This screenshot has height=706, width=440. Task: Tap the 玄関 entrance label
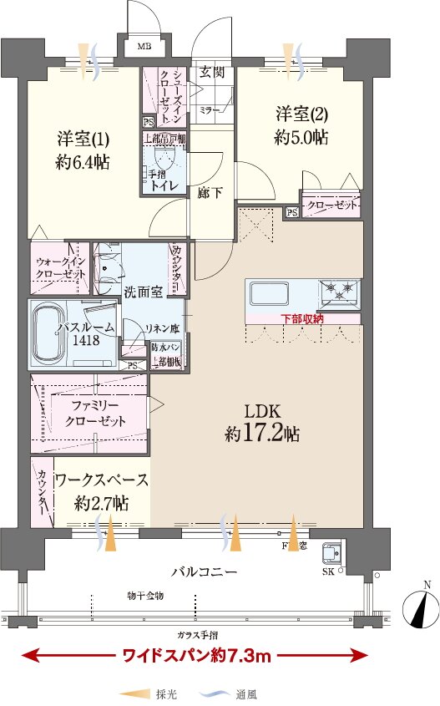pyautogui.click(x=211, y=72)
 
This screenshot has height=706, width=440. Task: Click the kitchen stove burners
pyautogui.click(x=340, y=292)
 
